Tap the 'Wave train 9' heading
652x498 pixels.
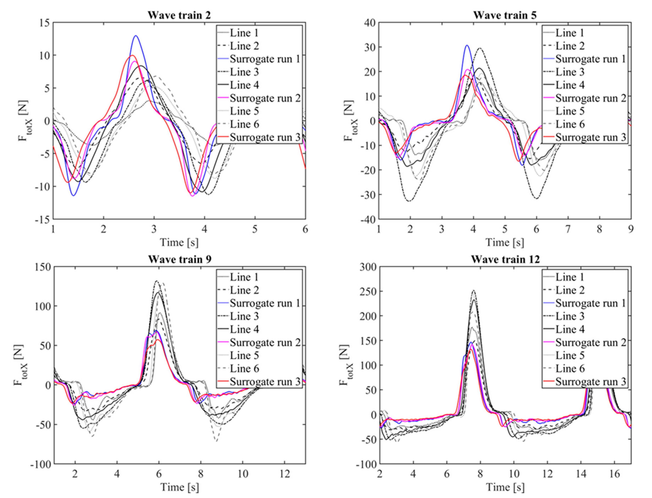coord(180,259)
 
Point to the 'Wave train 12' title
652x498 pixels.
coord(505,259)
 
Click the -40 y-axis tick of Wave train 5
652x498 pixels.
coord(368,219)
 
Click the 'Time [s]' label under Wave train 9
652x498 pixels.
coord(179,487)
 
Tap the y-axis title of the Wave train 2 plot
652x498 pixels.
coord(23,121)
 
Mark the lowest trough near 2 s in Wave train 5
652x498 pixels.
coord(409,201)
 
